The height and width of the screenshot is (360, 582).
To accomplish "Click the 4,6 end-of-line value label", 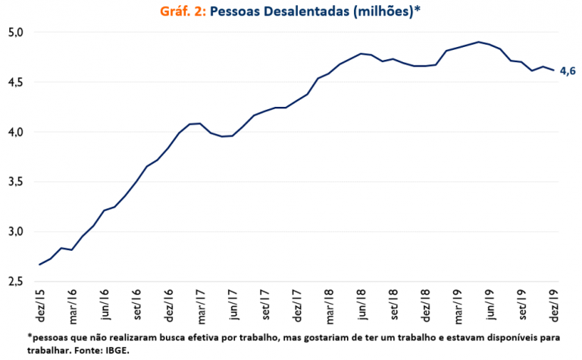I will click(x=568, y=71).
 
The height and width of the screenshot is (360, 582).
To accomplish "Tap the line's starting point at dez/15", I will click(x=39, y=265).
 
